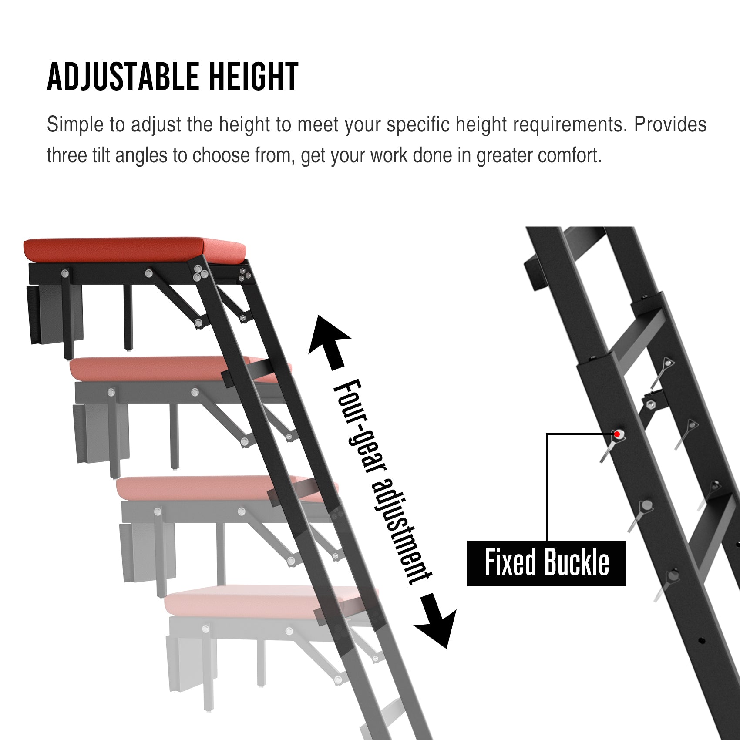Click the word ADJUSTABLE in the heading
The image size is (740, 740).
coord(123,77)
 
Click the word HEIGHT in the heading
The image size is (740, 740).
coord(254,77)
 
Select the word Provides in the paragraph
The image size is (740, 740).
coord(670,124)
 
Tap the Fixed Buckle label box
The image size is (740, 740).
coord(546,563)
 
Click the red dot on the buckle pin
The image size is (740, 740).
coord(617,434)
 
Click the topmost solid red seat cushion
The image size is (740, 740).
coord(135,250)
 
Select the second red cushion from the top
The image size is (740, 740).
coord(174,369)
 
